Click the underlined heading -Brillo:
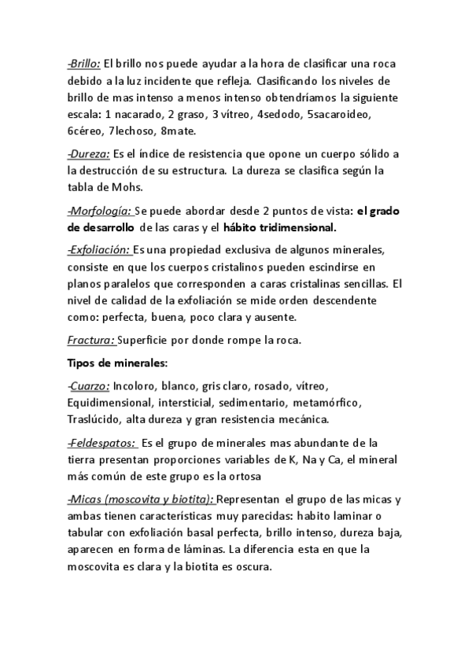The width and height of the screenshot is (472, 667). click(84, 66)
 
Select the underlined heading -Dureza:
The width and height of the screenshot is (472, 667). click(88, 153)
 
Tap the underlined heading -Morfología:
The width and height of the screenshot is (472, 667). click(98, 210)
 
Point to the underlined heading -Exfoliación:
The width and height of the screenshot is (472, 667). click(98, 249)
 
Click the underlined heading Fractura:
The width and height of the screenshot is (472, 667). click(91, 341)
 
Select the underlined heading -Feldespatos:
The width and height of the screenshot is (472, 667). click(101, 442)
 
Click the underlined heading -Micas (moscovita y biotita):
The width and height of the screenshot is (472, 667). click(141, 499)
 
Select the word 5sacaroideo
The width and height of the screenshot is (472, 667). click(339, 115)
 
